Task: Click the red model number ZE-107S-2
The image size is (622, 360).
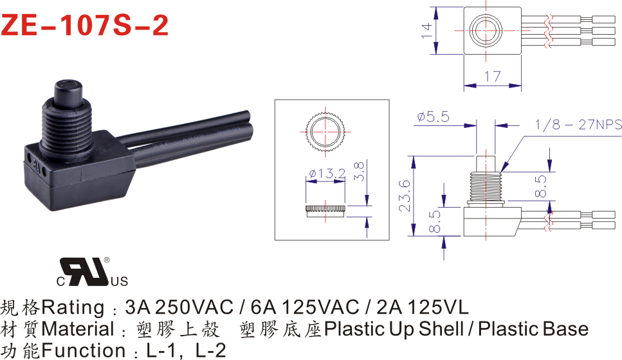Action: pos(85,25)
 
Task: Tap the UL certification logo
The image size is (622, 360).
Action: pos(92,272)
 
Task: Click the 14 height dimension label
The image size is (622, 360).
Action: pos(426,30)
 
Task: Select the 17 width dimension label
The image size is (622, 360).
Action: pos(492,76)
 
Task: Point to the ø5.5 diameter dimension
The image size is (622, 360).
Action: pos(433,116)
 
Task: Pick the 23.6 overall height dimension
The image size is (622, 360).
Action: pos(404,195)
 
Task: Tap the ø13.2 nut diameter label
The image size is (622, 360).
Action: pos(327,174)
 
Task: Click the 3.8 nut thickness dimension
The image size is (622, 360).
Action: pos(359,171)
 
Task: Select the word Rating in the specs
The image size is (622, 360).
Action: pos(73,308)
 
